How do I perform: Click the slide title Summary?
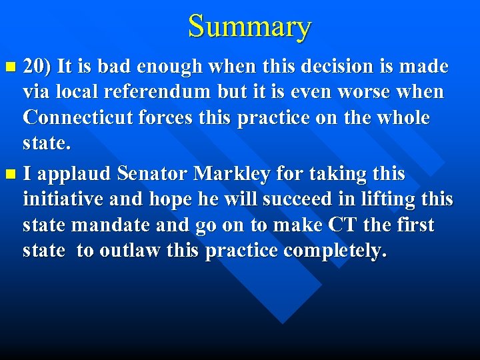click(249, 27)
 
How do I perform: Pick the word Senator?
click(152, 174)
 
